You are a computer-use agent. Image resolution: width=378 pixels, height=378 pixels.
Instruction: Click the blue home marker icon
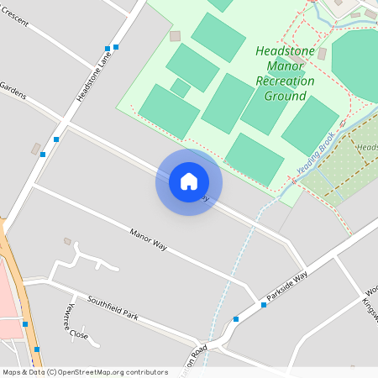pyautogui.click(x=188, y=181)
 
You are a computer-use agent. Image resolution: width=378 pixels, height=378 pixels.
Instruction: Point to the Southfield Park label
pyautogui.click(x=112, y=307)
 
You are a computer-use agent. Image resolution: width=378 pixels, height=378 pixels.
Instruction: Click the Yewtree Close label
pyautogui.click(x=72, y=322)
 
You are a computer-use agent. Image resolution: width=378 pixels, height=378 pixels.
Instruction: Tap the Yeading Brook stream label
pyautogui.click(x=316, y=152)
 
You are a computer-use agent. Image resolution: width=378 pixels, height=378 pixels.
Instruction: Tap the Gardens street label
pyautogui.click(x=13, y=92)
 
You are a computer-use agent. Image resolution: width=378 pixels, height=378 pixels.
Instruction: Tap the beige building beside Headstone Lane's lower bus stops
pyautogui.click(x=36, y=149)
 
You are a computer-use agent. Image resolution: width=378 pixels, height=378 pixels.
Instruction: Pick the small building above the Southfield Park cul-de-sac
pyautogui.click(x=67, y=241)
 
